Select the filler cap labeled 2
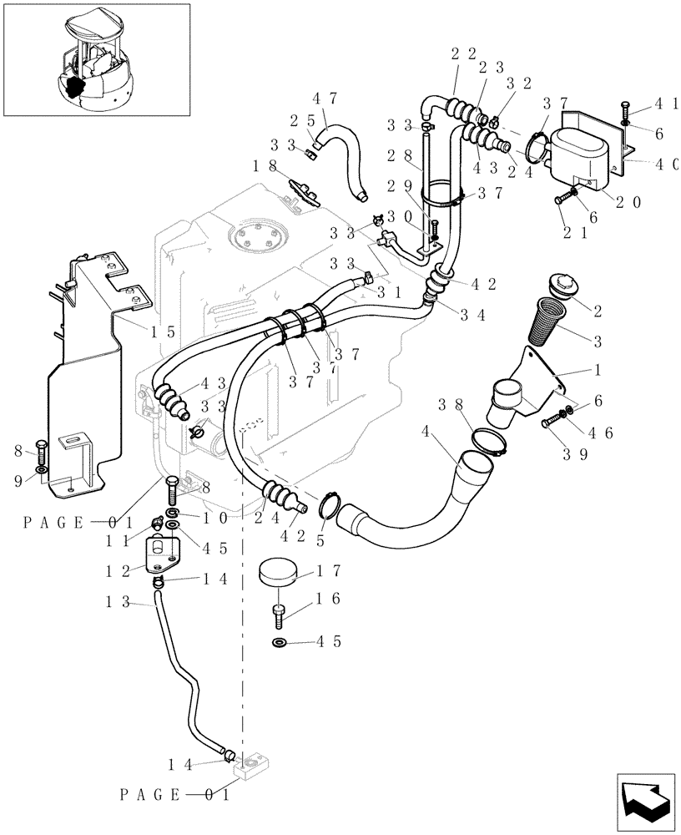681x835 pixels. tap(558, 286)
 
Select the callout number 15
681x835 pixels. tap(163, 331)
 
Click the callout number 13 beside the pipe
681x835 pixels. tap(120, 601)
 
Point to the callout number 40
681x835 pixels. tap(665, 164)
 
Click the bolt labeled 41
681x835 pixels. tap(625, 110)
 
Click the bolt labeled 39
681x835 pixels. tap(553, 422)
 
